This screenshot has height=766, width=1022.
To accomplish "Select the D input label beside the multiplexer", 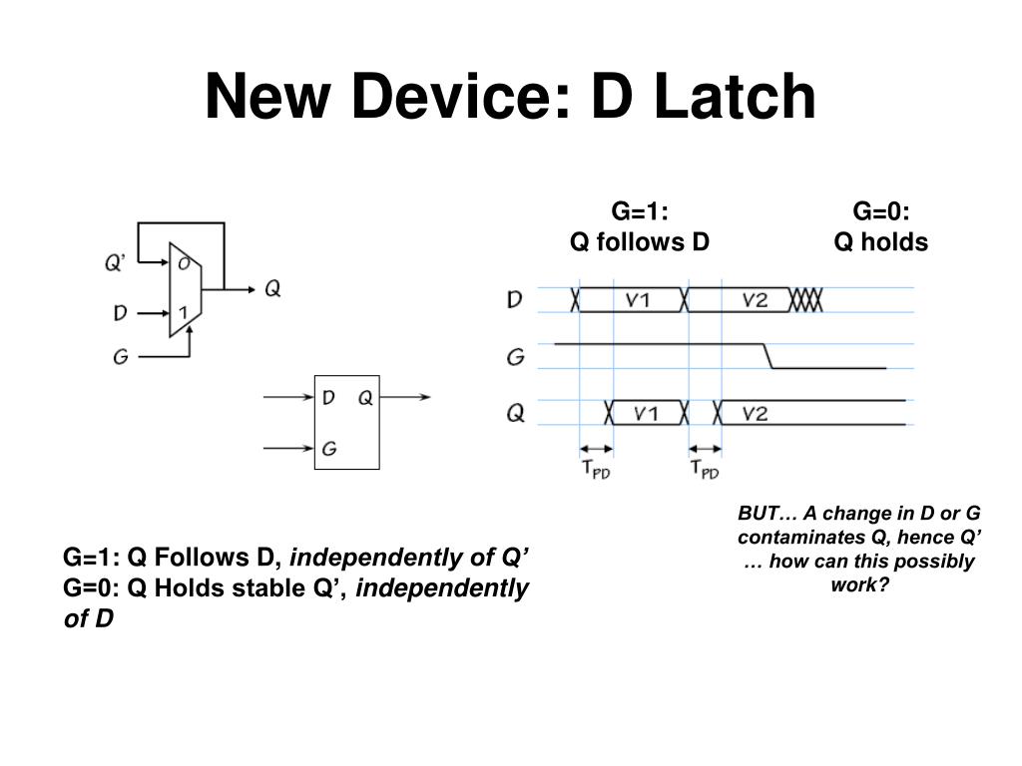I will click(120, 313).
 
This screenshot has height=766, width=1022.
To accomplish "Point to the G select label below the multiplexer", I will click(120, 356).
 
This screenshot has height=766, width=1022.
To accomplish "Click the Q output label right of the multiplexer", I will click(272, 289).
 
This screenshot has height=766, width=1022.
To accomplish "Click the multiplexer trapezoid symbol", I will click(185, 289).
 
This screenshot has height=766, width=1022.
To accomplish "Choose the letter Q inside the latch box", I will click(365, 398).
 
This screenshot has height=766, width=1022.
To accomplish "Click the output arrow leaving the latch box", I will click(406, 398).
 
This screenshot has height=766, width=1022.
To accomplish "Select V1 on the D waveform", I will click(638, 300).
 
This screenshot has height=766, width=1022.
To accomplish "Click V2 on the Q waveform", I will click(756, 413).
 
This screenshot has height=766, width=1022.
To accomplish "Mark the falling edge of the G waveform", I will click(767, 356).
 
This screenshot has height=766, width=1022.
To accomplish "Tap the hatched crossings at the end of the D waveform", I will click(806, 300).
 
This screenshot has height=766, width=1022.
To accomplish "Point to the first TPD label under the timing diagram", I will click(596, 470).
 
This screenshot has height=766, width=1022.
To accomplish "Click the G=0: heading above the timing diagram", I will click(881, 212).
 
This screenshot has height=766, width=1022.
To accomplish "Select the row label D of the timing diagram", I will click(514, 299).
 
